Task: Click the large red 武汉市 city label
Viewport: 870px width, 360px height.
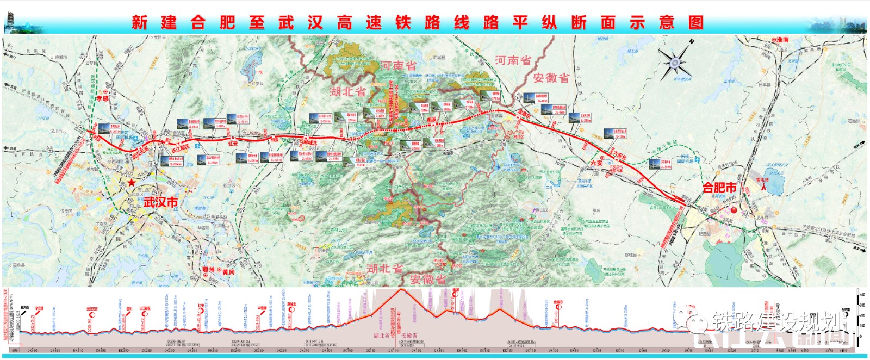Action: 161,202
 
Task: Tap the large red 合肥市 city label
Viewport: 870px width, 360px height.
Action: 719,188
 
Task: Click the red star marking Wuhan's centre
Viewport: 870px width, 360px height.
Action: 132,183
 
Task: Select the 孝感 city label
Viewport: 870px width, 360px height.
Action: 102,98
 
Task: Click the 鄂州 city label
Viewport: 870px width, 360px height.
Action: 208,270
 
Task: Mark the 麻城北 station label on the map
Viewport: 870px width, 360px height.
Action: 310,143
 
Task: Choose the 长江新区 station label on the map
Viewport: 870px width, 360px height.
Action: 181,147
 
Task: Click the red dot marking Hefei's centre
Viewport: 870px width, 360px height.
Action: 733,210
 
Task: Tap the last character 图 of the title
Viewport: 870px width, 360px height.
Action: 696,22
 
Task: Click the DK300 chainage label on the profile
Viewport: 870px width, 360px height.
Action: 101,351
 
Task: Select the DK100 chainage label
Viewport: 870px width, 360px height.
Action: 553,351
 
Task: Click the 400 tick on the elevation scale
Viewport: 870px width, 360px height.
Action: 862,295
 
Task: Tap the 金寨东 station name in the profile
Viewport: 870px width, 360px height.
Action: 558,302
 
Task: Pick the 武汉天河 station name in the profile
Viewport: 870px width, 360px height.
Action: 92,309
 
